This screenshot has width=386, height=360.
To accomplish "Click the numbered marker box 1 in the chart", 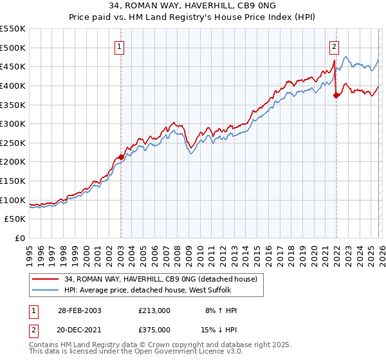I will point(120,46).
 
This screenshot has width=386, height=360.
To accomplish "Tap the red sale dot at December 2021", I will point(336,95).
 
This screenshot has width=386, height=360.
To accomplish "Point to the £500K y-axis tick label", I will point(13,48).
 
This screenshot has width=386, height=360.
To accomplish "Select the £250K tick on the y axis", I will point(13,143).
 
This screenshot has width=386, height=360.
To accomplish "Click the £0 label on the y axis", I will point(21,238).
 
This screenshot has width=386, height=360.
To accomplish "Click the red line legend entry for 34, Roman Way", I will point(161,279).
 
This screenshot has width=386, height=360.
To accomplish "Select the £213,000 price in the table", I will point(154,310).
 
